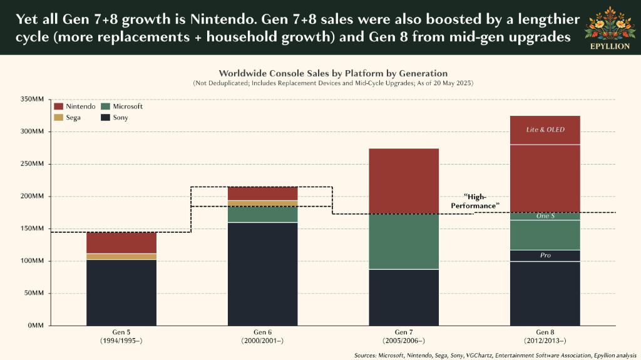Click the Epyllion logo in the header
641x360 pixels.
point(610,28)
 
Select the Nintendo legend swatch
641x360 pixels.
point(58,106)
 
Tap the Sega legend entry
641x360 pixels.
point(68,118)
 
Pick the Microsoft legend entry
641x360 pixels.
point(122,106)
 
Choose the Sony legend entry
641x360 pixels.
point(115,118)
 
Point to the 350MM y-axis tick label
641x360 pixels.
point(32,100)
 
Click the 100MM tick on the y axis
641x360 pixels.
point(32,261)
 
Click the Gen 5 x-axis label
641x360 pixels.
point(121,336)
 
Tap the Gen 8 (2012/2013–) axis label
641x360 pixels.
point(545,336)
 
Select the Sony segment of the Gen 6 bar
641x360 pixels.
point(262,274)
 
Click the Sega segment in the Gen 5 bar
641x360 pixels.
point(121,257)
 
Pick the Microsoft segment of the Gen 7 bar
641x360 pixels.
point(404,242)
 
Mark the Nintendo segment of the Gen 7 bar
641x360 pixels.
point(404,181)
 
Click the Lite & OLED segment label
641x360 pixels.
point(545,130)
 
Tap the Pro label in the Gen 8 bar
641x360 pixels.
point(545,255)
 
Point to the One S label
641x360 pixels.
point(545,215)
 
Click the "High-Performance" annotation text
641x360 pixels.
point(476,201)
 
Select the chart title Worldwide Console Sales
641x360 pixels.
point(333,73)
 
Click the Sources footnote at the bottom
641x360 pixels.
point(496,356)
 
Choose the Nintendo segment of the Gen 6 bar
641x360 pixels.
point(262,193)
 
